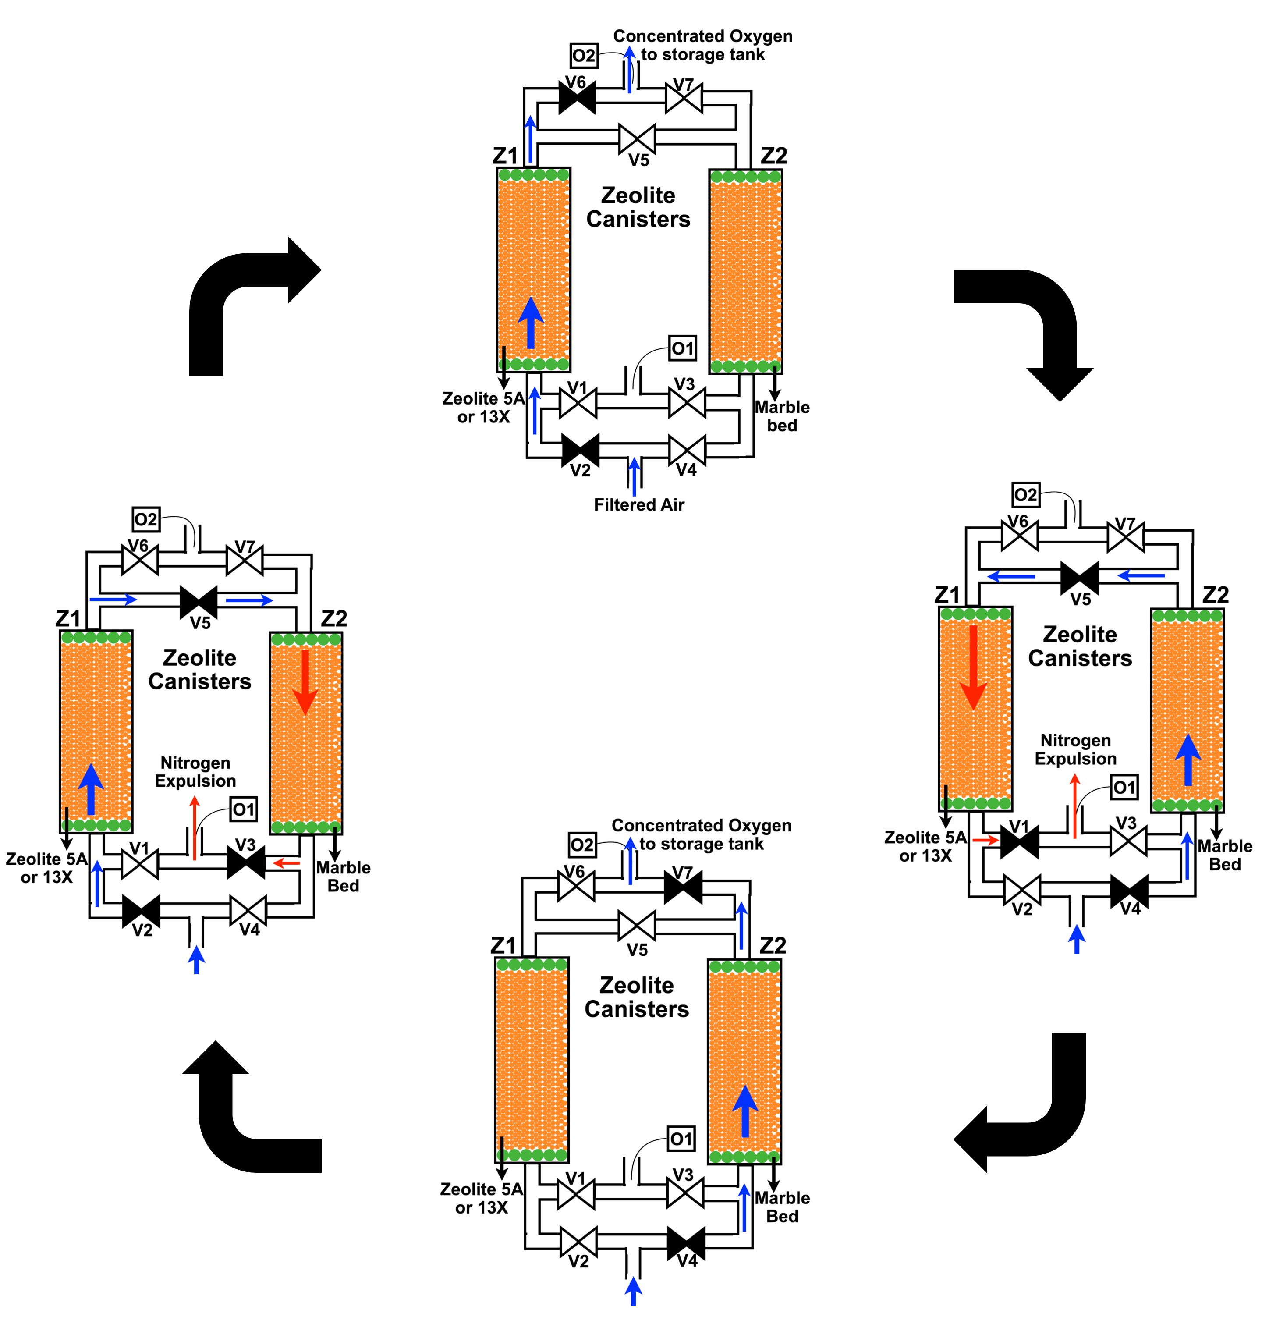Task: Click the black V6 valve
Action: coord(577,98)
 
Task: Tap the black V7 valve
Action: coord(683,886)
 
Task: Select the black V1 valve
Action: coord(1019,841)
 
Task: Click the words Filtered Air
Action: coord(638,505)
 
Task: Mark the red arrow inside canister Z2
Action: coord(305,681)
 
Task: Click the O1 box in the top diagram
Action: coord(682,348)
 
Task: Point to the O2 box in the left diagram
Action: coord(145,519)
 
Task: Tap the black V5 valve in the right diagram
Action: coord(1079,577)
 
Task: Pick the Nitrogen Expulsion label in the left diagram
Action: coord(195,772)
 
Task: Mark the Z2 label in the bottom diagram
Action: coord(772,945)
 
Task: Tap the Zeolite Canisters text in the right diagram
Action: coord(1080,646)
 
